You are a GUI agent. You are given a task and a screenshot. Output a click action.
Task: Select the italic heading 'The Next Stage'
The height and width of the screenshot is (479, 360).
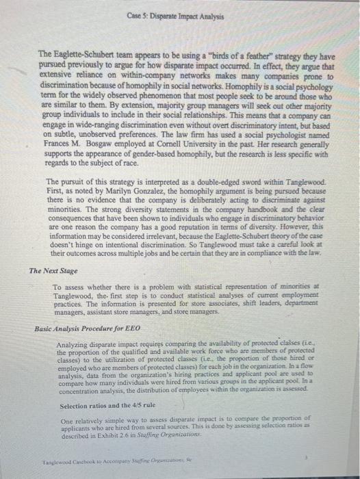click(x=53, y=272)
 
